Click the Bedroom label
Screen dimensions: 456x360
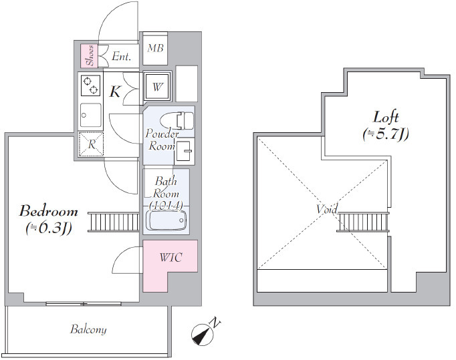(49, 211)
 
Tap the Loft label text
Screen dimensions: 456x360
(386, 118)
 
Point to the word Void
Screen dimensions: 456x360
(327, 208)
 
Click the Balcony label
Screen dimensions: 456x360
(88, 329)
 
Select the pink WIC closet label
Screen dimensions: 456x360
(170, 257)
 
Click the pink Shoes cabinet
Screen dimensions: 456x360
(90, 56)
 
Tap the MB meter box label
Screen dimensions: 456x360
(155, 48)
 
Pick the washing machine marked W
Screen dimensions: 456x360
(157, 86)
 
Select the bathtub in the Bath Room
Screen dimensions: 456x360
(166, 220)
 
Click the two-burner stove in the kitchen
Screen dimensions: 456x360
(90, 85)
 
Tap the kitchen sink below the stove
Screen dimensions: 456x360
(91, 115)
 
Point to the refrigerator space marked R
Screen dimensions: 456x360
(92, 144)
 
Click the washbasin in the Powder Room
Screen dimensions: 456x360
(184, 150)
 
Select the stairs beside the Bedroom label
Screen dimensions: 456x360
(114, 222)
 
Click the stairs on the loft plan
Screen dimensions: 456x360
(363, 222)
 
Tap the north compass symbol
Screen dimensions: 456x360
(203, 335)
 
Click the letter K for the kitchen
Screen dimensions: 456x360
(115, 92)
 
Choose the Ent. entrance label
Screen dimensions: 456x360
(121, 56)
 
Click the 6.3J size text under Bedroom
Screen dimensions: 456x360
(49, 228)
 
